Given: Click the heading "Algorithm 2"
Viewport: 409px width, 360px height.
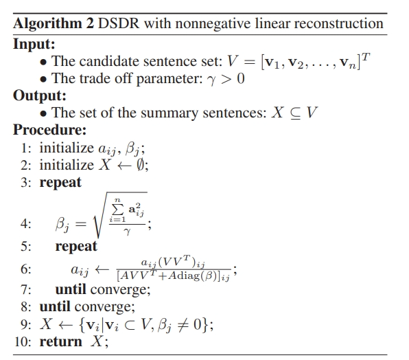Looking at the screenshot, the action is (54, 23).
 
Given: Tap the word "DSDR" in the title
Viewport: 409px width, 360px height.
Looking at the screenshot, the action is (119, 23).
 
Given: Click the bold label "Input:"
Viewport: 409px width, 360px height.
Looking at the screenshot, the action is (34, 44).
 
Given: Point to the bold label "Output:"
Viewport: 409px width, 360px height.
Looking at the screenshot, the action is (40, 95).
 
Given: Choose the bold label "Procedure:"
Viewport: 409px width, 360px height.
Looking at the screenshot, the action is (49, 130).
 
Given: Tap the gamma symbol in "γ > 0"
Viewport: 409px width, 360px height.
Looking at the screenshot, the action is (212, 80).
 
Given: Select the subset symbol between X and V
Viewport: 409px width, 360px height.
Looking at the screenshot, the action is (295, 113).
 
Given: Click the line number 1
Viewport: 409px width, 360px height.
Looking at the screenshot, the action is (25, 148).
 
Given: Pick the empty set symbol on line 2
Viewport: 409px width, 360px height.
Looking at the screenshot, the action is (140, 165).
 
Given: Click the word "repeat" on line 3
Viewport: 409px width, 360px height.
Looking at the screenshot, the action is (60, 183).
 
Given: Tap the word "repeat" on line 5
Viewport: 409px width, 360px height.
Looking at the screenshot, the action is (76, 247).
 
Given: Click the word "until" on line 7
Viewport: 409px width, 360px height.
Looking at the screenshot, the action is (71, 289).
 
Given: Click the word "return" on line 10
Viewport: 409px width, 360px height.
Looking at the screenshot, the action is (60, 342).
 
